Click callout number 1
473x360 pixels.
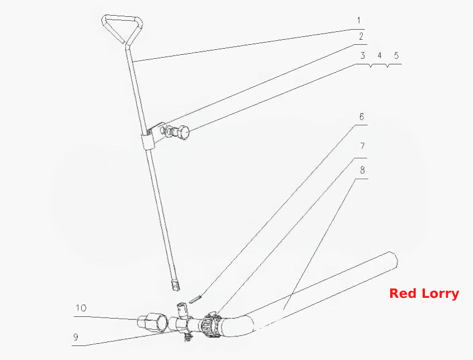[359, 21]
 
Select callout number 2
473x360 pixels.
[361, 36]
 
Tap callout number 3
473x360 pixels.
[363, 55]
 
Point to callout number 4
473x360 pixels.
[380, 55]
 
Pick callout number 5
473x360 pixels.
[396, 55]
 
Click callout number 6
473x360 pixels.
[362, 116]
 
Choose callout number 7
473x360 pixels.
[362, 146]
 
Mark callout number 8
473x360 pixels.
[362, 170]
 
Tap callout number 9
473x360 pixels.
[76, 336]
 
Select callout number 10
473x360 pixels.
[81, 308]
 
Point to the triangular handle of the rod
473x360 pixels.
[122, 29]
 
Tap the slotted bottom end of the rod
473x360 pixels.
[175, 286]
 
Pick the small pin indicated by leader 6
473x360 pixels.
[195, 299]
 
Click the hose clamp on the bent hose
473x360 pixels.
[211, 325]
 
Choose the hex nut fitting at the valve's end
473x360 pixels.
[156, 324]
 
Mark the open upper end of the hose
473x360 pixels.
[393, 260]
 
